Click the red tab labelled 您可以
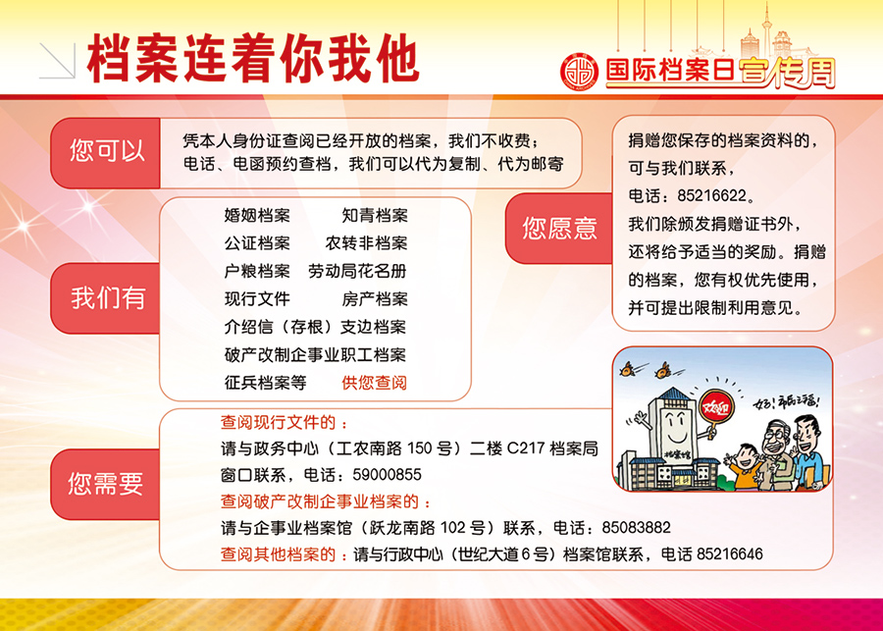pos(106,153)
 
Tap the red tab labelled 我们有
pos(106,298)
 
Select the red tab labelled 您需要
pos(106,484)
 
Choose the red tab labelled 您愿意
pos(559,228)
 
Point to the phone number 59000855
pos(387,475)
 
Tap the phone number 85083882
pos(637,528)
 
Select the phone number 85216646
pos(730,554)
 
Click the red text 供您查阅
pos(374,383)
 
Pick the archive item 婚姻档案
pos(257,215)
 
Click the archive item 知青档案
pos(375,215)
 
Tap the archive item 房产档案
pos(375,299)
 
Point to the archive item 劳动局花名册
pos(357,271)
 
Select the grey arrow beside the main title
pos(58,60)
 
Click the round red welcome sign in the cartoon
pos(716,408)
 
